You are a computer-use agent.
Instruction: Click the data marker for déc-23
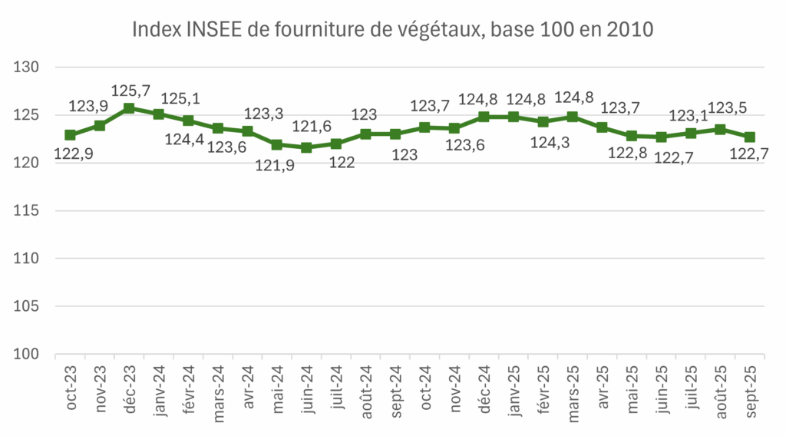[129, 108]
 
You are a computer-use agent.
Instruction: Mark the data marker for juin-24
[306, 147]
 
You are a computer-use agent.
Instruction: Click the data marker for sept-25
[749, 137]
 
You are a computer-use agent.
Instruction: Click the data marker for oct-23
[70, 135]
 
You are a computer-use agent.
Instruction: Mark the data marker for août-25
[720, 129]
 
